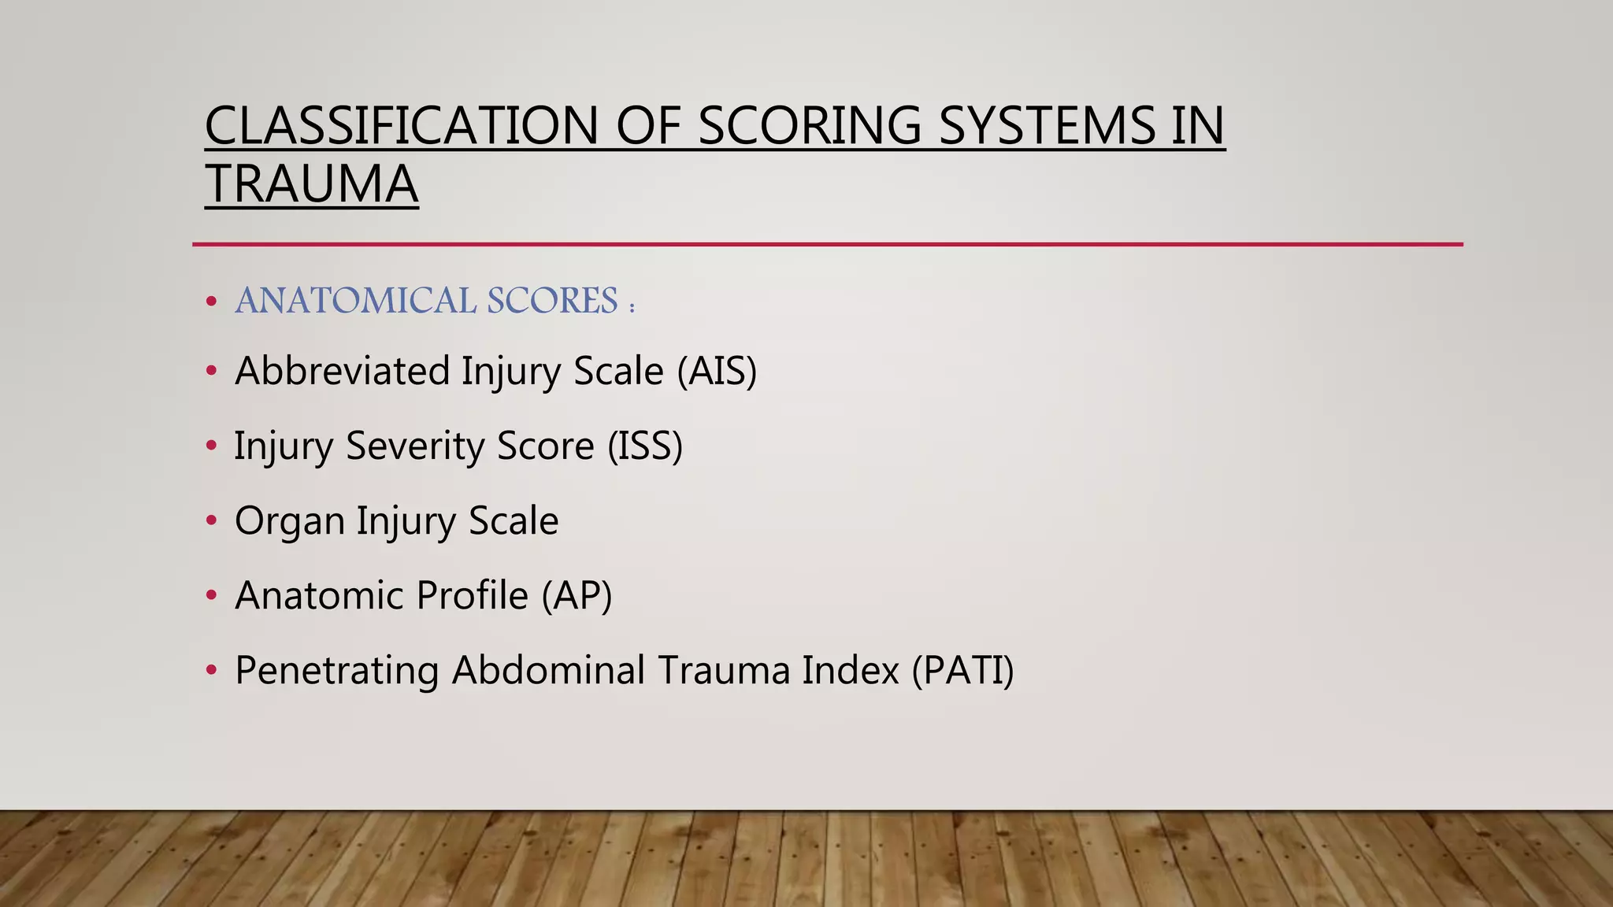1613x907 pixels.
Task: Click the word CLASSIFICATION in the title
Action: (x=402, y=126)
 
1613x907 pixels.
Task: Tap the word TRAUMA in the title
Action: (x=311, y=184)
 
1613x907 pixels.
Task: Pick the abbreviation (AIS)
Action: (x=717, y=371)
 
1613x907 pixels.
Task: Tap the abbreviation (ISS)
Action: (x=644, y=446)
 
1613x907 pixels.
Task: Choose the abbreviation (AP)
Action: (x=576, y=595)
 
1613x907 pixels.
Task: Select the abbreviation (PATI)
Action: (x=962, y=670)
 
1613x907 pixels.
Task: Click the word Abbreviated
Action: (x=342, y=371)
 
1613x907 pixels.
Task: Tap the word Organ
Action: (x=289, y=521)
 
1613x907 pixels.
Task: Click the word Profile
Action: (x=472, y=595)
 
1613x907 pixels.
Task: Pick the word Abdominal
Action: (x=547, y=670)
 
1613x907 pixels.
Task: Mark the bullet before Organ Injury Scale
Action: (x=211, y=520)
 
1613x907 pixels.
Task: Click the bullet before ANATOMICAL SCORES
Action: (x=211, y=302)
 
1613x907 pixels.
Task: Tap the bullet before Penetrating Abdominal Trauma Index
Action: (x=211, y=670)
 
